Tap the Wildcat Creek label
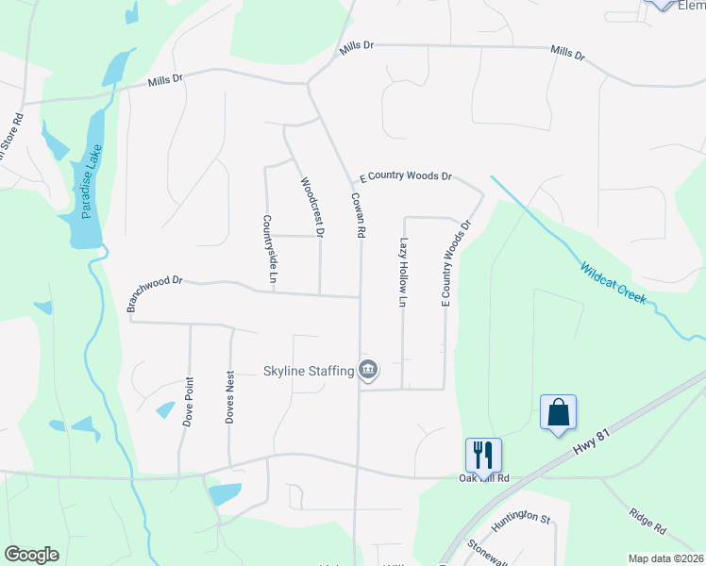click(614, 281)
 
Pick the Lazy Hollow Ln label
click(403, 273)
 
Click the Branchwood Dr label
click(153, 293)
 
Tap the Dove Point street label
click(189, 401)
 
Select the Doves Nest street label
click(229, 397)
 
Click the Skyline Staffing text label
click(308, 371)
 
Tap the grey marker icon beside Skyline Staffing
click(369, 371)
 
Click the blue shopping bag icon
click(558, 413)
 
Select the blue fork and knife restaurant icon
click(483, 456)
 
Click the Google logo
click(31, 555)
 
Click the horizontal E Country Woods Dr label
click(407, 176)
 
